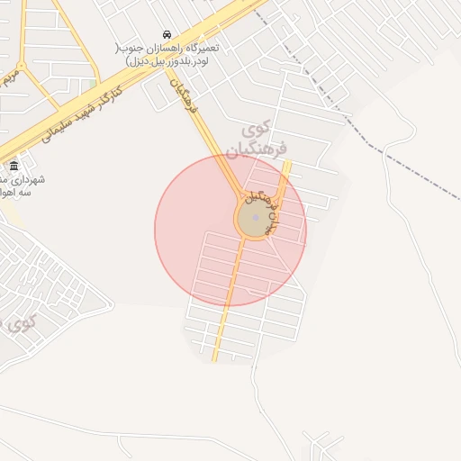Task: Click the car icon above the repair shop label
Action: [167, 34]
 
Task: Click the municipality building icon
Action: [14, 167]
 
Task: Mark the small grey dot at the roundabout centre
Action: [256, 218]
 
